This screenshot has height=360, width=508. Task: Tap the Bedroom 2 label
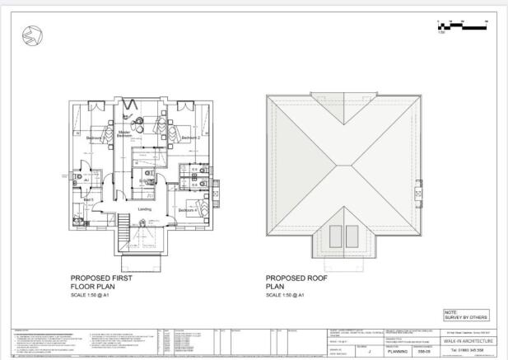(191, 138)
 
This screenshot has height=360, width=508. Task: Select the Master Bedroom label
(124, 135)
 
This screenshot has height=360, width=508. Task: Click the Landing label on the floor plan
(144, 209)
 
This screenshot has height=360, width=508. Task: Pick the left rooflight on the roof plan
(336, 236)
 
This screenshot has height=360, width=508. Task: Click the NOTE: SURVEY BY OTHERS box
(467, 315)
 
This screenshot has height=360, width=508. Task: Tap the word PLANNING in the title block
(403, 351)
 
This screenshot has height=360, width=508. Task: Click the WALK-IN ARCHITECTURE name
(473, 341)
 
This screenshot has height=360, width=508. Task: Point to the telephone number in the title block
(473, 351)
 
